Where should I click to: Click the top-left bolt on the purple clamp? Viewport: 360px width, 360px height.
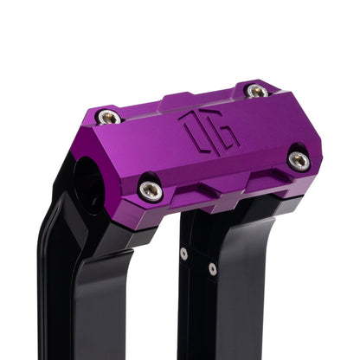(109, 117)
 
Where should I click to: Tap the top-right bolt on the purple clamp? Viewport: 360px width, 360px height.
(256, 90)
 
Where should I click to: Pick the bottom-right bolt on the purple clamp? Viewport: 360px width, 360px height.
(299, 159)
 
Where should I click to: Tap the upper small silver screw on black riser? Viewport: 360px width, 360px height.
(183, 254)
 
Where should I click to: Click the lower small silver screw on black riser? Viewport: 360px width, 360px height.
(213, 269)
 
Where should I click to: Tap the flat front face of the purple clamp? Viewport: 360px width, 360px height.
(221, 156)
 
